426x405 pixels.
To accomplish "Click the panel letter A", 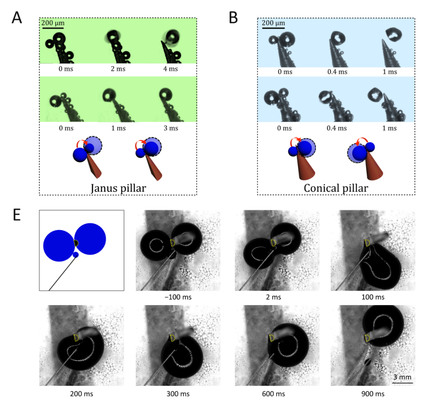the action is click(17, 18).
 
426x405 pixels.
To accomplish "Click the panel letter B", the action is click(234, 18).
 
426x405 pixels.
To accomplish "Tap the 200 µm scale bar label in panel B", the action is click(273, 23).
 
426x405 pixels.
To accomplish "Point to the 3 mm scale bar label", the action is click(402, 377).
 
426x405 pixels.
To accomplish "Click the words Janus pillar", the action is click(118, 188).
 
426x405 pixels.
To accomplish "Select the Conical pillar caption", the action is click(336, 188).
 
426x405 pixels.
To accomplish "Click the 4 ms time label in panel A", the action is click(170, 69).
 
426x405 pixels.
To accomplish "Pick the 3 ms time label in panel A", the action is click(170, 128).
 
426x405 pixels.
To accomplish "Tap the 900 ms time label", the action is click(373, 394).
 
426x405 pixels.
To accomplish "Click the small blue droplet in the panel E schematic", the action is click(76, 255).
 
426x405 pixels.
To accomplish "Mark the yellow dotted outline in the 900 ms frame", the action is click(367, 338).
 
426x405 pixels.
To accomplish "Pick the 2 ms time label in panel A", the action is click(118, 69).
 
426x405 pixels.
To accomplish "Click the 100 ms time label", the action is click(373, 297).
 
